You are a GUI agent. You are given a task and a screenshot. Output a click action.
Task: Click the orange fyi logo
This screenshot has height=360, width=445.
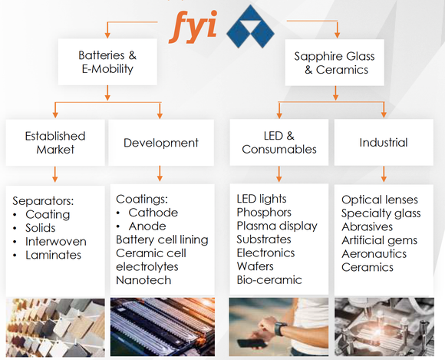(193, 27)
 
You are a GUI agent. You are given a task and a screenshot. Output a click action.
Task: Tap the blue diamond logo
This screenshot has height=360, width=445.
(250, 26)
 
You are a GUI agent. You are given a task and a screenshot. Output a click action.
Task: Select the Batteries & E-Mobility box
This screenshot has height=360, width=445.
(107, 62)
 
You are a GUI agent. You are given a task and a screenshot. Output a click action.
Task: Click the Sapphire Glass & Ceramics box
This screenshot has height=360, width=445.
(335, 62)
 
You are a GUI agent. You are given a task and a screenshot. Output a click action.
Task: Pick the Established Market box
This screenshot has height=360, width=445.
(55, 143)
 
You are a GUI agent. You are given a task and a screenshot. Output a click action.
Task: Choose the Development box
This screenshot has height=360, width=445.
(161, 143)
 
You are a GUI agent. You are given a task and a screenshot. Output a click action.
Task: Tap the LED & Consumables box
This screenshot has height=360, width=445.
(279, 142)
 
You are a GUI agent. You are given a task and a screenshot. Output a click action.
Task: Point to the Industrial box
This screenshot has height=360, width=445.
(384, 142)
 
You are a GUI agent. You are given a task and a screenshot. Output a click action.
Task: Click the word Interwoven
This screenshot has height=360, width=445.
(56, 242)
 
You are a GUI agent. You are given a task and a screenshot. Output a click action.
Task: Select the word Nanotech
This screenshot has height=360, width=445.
(143, 280)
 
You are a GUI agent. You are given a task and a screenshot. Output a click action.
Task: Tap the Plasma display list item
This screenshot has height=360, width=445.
(277, 226)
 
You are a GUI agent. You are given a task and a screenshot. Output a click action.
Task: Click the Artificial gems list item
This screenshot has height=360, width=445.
(380, 240)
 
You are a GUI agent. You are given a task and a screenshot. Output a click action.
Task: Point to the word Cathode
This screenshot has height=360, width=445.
(153, 213)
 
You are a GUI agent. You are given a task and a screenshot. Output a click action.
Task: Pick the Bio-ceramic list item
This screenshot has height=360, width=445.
(269, 280)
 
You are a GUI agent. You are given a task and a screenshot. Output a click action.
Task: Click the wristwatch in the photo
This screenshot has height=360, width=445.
(280, 329)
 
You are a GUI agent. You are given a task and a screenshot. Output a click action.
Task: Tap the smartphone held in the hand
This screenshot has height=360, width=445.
(252, 343)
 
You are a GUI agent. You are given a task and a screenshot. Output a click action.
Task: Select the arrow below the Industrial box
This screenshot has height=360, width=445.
(384, 174)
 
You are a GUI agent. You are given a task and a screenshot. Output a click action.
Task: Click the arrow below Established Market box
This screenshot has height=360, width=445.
(55, 174)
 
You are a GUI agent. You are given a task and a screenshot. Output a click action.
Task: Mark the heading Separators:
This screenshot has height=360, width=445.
(43, 201)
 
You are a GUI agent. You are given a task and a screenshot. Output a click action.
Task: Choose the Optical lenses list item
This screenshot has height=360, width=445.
(380, 200)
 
